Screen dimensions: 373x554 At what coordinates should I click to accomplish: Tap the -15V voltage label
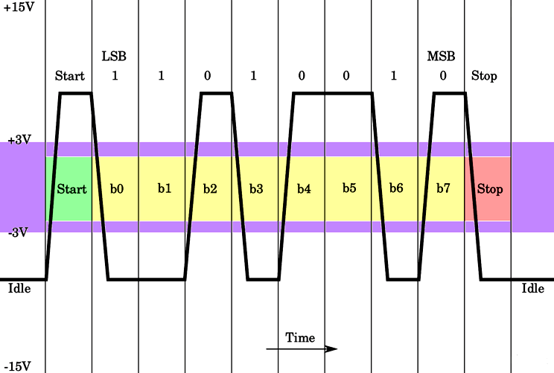tap(19, 366)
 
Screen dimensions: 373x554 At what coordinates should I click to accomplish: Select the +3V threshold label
tap(19, 140)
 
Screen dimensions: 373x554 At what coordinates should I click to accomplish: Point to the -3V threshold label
tap(19, 232)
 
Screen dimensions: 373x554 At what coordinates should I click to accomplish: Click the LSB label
tap(114, 57)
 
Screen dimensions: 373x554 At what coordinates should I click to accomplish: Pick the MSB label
tap(441, 57)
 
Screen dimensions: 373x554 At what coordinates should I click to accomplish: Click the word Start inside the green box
tap(71, 189)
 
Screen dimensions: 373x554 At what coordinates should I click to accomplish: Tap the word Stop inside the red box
tap(489, 189)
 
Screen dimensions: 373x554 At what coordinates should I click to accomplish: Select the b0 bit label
tap(117, 189)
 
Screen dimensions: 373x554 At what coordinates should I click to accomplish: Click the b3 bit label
tap(256, 189)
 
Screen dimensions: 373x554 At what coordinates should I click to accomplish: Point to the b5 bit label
tap(349, 188)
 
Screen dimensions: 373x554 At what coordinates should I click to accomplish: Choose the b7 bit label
tap(443, 189)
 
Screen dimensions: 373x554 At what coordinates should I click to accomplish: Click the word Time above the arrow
tap(300, 338)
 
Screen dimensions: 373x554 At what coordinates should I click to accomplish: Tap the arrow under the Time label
tap(302, 348)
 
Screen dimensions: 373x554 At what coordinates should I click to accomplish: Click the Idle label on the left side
tap(19, 288)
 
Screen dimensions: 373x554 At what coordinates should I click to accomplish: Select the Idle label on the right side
tap(532, 288)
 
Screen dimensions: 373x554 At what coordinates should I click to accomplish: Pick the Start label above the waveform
tap(70, 76)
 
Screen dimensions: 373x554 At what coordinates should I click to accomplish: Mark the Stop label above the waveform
tap(484, 76)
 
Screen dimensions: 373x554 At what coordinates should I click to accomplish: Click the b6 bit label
tap(395, 188)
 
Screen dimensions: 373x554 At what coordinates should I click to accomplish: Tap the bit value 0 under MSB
tap(442, 76)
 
